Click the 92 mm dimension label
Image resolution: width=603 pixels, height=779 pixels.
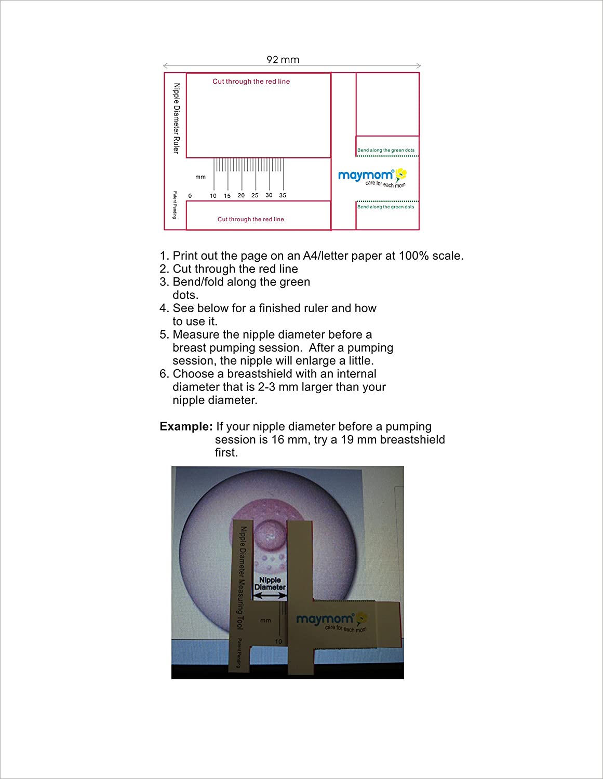[283, 60]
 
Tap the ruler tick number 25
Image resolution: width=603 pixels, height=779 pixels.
[255, 196]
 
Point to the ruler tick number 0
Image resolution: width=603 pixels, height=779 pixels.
[190, 196]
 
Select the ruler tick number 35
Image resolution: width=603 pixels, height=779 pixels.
[283, 196]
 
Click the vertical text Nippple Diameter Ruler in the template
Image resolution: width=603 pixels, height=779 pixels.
[177, 118]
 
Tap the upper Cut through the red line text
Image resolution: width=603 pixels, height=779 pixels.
[251, 82]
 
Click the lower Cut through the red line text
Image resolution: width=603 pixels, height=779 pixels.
[250, 219]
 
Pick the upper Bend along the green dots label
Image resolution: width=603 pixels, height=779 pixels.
[386, 150]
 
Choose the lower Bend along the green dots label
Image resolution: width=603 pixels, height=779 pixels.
[386, 207]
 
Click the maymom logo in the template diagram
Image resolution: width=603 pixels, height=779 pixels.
[372, 177]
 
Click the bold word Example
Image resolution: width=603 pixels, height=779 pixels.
[186, 426]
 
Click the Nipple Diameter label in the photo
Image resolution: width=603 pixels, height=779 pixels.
[270, 584]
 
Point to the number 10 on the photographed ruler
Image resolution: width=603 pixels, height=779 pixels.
[278, 642]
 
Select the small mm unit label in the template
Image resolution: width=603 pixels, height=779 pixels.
[200, 177]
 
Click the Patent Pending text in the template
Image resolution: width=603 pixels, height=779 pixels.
[175, 205]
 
